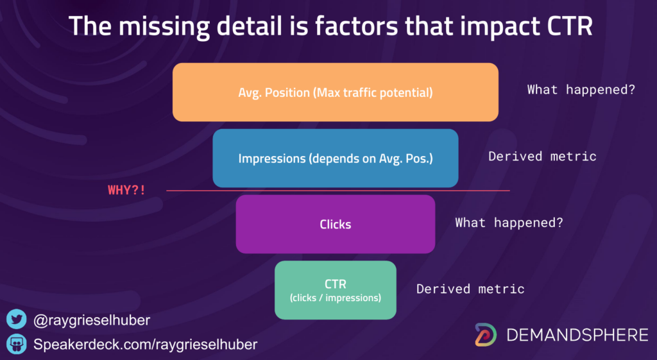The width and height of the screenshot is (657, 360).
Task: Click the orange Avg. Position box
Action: [x=335, y=92]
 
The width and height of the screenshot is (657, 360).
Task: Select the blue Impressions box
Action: [x=335, y=158]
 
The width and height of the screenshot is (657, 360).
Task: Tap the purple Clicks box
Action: [x=335, y=224]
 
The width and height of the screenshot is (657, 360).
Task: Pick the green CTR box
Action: [x=335, y=290]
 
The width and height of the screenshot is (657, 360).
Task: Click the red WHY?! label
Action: [x=126, y=190]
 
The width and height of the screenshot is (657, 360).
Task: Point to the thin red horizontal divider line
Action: [x=337, y=191]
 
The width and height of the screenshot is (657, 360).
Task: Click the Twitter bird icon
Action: [x=16, y=320]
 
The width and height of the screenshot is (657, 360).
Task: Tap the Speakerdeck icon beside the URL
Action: [x=16, y=344]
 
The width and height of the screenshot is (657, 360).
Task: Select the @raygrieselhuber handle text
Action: [x=92, y=320]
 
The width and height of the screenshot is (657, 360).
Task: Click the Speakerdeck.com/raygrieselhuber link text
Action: [x=146, y=345]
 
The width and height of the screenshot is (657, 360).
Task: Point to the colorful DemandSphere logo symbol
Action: [x=486, y=334]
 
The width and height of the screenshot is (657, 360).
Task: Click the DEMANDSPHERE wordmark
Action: [x=577, y=335]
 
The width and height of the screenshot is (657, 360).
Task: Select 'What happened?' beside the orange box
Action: [x=581, y=90]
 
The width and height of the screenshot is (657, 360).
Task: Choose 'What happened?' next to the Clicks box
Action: [x=509, y=223]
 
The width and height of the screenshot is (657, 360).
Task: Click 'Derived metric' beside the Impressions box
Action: [x=542, y=157]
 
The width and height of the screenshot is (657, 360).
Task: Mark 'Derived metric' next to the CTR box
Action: [x=470, y=289]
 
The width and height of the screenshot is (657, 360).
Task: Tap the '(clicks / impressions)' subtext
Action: [x=335, y=298]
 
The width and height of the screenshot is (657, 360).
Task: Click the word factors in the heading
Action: [x=357, y=26]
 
